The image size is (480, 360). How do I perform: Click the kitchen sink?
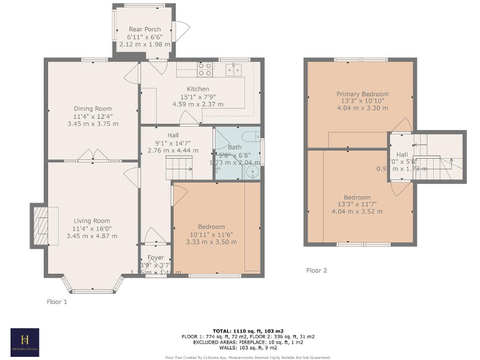234,69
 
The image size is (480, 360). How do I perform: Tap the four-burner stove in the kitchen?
205,69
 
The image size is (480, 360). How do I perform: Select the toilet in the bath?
252,137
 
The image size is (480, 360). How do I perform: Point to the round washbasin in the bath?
253,171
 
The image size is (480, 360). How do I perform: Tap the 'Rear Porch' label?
144,29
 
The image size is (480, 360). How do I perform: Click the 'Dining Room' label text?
92,108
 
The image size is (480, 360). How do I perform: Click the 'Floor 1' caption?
57,302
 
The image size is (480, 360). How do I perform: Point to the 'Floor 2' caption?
316,271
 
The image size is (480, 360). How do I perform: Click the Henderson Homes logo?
25,342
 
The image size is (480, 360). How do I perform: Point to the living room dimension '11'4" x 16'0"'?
92,228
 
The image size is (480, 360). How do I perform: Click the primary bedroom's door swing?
401,124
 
